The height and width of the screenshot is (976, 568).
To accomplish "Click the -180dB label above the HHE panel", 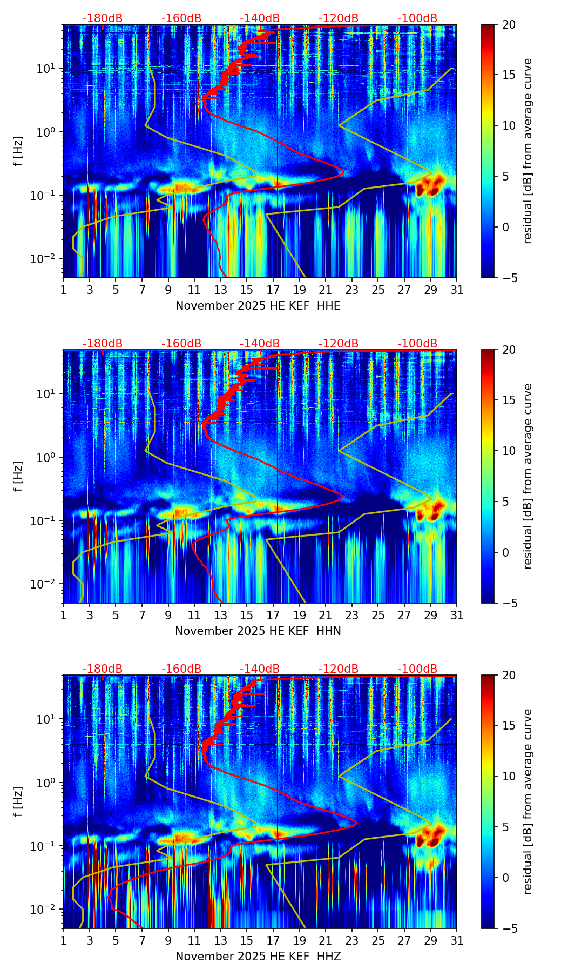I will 103,18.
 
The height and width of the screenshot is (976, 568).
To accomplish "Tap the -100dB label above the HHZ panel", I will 417,669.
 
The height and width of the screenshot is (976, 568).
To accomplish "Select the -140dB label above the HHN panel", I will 260,344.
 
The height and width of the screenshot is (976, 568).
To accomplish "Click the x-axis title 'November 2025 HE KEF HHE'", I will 258,306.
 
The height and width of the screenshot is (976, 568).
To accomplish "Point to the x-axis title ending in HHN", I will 258,631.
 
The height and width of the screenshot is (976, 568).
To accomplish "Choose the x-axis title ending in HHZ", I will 258,957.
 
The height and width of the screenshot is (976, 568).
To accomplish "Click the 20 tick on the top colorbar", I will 509,25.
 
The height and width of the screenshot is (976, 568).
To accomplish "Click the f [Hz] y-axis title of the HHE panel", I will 18,151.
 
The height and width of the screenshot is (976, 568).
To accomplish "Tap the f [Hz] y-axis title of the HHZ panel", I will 18,802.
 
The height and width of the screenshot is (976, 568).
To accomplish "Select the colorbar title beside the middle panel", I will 528,476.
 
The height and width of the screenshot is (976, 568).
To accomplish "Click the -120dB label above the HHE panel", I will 339,18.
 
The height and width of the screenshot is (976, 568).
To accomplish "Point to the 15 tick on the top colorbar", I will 509,75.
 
